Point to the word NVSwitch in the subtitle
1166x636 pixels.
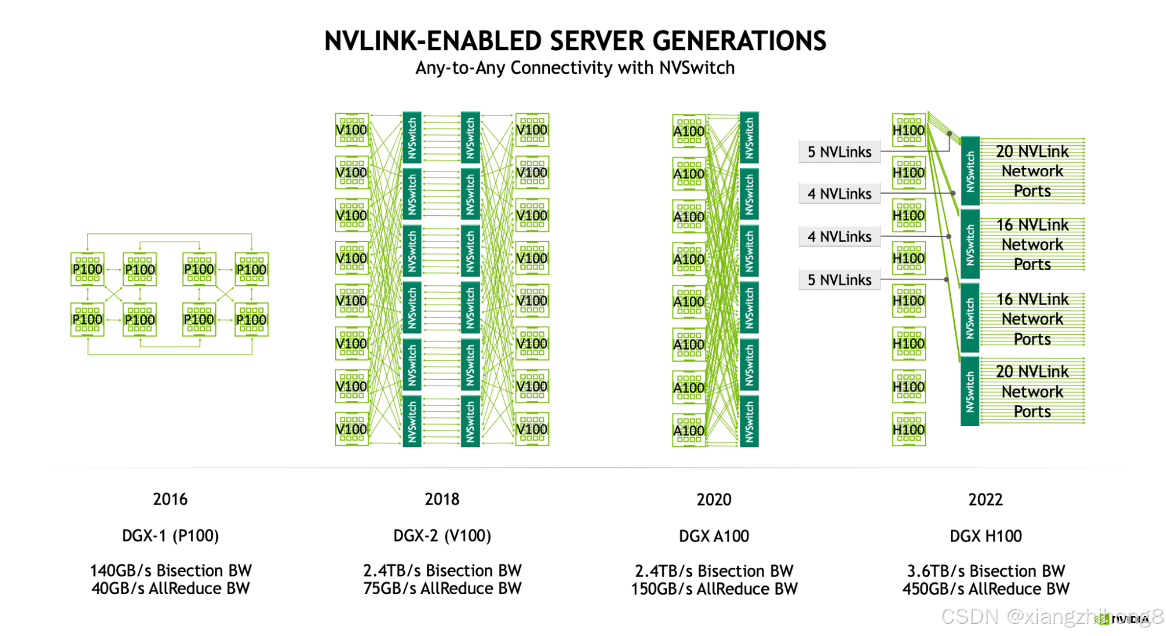[696, 68]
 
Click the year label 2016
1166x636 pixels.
[170, 499]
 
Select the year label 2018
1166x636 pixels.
[442, 499]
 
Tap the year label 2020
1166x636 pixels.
[714, 500]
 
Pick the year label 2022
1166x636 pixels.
[986, 500]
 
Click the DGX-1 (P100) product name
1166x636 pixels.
[170, 536]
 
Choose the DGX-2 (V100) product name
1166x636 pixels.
[442, 536]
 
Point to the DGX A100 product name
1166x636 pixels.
[714, 536]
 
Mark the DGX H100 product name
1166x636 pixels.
[986, 536]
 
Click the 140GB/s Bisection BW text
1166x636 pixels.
[170, 570]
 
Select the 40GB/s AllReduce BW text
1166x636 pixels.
[170, 588]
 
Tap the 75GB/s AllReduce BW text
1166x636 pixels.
[442, 588]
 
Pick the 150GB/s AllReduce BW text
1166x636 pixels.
[714, 589]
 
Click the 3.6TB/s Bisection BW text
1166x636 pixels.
[986, 571]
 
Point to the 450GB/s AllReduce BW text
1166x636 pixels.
[986, 589]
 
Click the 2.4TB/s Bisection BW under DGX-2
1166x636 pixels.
[442, 570]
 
